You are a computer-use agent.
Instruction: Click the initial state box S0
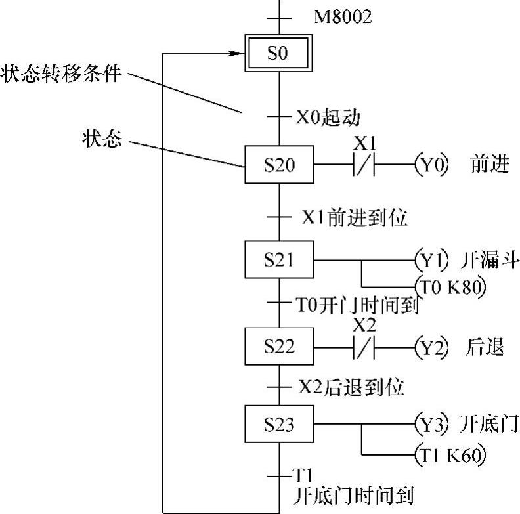tap(279, 53)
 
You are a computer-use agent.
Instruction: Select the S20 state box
tap(279, 164)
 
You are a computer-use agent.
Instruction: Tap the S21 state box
tap(279, 260)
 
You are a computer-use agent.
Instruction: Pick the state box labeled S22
tap(279, 345)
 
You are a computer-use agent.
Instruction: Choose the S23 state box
tap(279, 424)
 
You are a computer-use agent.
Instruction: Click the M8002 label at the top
tap(342, 16)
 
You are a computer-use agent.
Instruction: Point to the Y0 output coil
tap(431, 164)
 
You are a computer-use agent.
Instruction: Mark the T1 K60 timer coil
tap(450, 454)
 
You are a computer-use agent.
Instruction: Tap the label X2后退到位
tap(351, 387)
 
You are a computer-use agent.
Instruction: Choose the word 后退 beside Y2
tap(487, 346)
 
